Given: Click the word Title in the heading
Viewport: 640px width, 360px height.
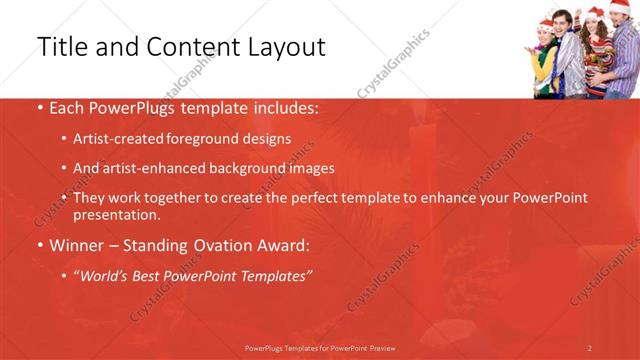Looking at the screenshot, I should pyautogui.click(x=62, y=46).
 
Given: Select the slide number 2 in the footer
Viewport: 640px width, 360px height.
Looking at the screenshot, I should pyautogui.click(x=590, y=348).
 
